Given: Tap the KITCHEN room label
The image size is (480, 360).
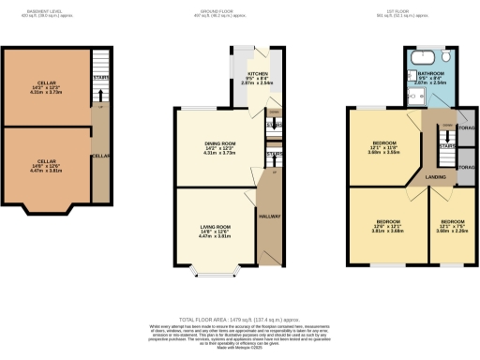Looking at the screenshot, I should click(x=257, y=76).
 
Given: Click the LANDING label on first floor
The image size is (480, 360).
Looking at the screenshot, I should click(x=435, y=175).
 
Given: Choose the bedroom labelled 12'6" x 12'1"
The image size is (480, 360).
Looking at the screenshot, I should click(x=381, y=229).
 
